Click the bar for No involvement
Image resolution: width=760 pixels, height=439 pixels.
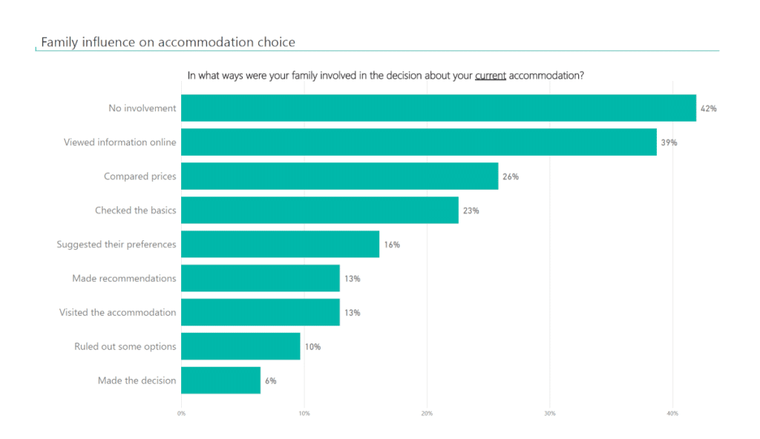(x=438, y=108)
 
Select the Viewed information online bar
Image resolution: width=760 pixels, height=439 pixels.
(x=419, y=142)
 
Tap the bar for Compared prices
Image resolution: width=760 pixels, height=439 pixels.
(x=339, y=176)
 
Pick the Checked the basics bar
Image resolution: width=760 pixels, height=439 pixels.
(x=319, y=211)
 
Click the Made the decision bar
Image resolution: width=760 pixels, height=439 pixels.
(x=220, y=380)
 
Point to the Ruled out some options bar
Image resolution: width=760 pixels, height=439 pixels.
(x=240, y=346)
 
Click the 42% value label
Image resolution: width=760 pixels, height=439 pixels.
(x=708, y=108)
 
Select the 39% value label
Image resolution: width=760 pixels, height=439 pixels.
(x=669, y=142)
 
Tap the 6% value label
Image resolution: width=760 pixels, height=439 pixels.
(x=270, y=380)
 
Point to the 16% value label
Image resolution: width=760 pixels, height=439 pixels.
(x=392, y=245)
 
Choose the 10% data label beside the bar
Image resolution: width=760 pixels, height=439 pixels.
(x=312, y=346)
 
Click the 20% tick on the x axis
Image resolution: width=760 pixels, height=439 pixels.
(x=427, y=413)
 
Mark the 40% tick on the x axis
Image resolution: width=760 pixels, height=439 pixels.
(x=672, y=413)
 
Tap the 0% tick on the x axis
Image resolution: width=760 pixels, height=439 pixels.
(x=182, y=413)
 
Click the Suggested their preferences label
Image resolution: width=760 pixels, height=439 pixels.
(x=117, y=245)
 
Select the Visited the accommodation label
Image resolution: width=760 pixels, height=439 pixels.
(x=118, y=313)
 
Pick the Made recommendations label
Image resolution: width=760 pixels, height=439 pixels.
(x=124, y=279)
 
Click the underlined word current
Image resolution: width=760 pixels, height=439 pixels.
(x=491, y=76)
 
